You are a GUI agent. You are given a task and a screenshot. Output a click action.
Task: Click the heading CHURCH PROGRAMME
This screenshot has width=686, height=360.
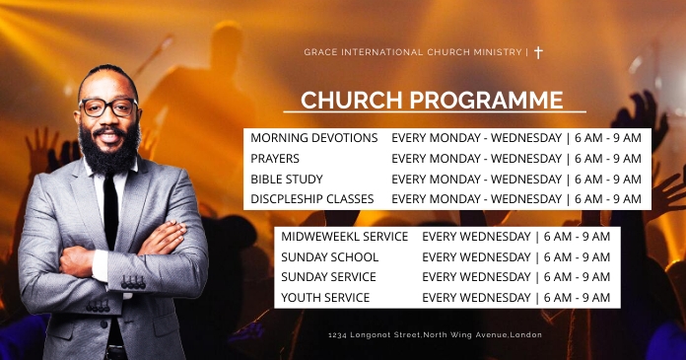(x=432, y=100)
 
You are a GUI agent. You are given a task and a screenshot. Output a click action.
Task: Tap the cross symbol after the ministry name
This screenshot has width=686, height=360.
(x=538, y=52)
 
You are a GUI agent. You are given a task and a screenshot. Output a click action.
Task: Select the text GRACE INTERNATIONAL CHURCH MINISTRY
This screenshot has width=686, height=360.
(x=414, y=52)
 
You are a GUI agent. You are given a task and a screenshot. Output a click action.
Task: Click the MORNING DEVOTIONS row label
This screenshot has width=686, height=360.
(x=313, y=138)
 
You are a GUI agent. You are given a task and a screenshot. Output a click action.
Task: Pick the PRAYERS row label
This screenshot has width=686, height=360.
(x=275, y=159)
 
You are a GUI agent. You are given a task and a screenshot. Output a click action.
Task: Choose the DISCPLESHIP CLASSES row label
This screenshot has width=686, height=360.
(x=311, y=199)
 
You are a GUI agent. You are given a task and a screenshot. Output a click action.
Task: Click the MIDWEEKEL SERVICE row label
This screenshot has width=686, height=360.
(x=344, y=237)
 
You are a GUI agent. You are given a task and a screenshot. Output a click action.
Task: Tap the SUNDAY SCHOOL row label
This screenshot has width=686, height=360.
(x=329, y=257)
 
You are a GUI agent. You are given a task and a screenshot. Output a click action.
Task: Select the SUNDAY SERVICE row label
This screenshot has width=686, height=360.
(x=328, y=277)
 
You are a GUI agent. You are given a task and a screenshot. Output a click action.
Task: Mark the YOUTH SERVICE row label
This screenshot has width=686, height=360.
(x=325, y=298)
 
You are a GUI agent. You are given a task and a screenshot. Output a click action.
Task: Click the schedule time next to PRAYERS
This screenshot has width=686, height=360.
(x=515, y=159)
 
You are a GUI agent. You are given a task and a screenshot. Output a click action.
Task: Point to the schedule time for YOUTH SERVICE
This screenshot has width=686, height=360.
(x=515, y=298)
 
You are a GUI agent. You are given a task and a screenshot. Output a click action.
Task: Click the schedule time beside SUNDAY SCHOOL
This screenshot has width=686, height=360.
(x=515, y=257)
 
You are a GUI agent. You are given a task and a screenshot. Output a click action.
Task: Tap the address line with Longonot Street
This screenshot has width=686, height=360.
(x=435, y=334)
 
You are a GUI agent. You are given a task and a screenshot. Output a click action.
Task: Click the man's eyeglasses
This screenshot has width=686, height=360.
(x=107, y=108)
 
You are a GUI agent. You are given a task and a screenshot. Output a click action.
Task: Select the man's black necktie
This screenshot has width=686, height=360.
(x=110, y=212)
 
